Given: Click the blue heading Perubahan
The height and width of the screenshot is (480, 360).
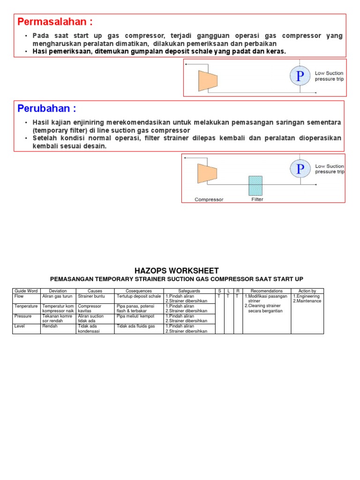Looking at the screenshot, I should point(46,109).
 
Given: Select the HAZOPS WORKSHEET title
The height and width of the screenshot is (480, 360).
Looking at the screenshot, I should point(176,270).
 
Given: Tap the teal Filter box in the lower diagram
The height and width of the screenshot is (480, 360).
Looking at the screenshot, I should point(256,186).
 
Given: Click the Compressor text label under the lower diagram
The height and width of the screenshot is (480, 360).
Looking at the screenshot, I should point(209,199).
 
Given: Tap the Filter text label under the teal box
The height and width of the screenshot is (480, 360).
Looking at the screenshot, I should point(257,199).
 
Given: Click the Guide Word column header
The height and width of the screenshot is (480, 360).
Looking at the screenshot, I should point(26,291).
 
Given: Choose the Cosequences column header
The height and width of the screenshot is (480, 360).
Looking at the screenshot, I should point(139,291).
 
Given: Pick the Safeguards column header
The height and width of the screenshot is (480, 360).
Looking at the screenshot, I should point(189,291).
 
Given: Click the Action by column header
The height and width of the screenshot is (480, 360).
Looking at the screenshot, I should point(307,291).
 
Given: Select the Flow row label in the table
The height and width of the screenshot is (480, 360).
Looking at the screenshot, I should point(19,296).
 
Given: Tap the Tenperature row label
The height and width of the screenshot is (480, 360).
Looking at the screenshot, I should point(26,306).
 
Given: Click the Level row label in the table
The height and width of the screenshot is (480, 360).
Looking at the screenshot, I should point(20,326).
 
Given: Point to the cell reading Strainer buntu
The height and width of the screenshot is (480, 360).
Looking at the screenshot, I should point(91,296).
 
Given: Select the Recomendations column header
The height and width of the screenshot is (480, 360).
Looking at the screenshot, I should point(266,291).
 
